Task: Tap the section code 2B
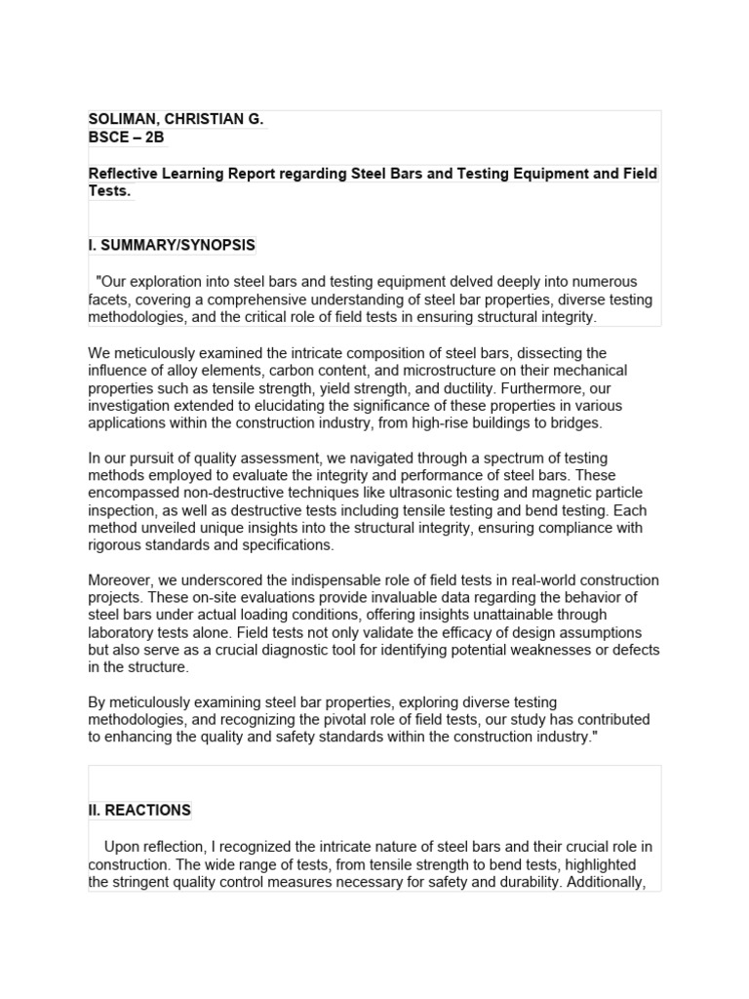tap(153, 138)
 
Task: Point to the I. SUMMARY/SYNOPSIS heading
tap(172, 245)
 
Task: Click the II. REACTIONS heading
tap(139, 811)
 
